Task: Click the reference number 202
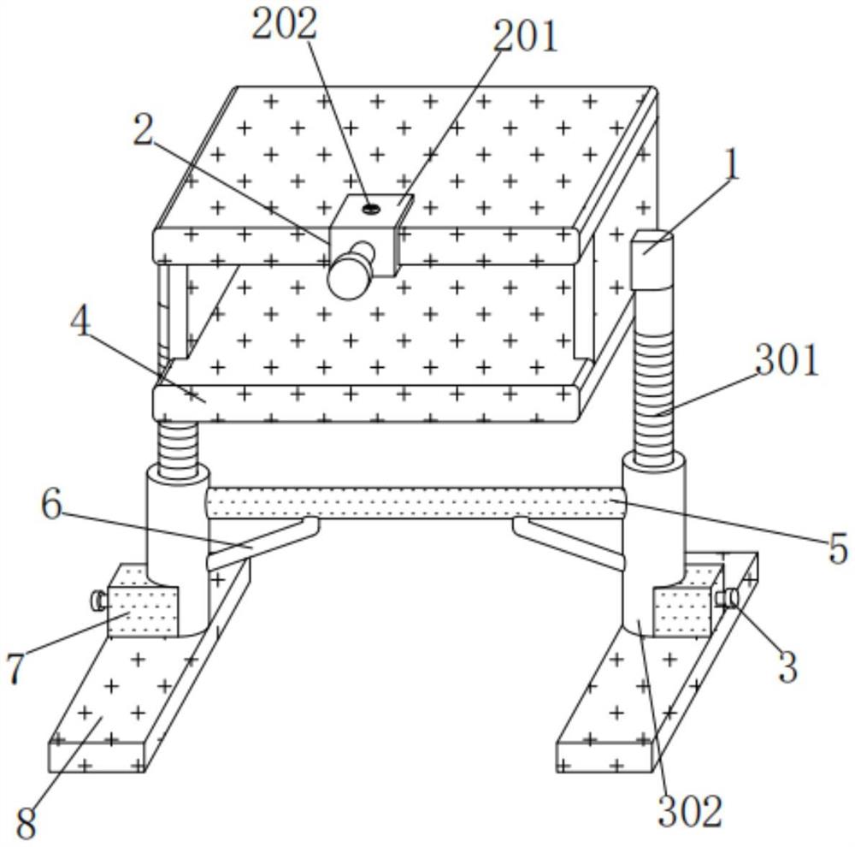point(284,24)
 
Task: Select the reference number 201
point(525,36)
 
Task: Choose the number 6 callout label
point(51,506)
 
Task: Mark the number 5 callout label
point(837,548)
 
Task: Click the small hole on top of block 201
point(370,207)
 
